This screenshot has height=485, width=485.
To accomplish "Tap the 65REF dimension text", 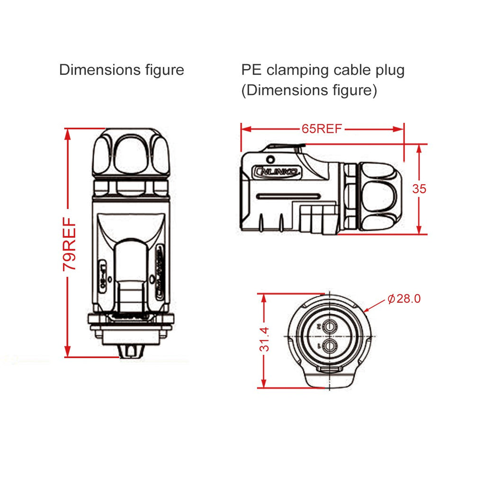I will [322, 129].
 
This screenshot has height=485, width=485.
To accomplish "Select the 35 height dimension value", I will [419, 189].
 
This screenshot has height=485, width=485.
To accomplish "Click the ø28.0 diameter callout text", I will [404, 299].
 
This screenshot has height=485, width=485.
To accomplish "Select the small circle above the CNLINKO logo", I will [271, 159].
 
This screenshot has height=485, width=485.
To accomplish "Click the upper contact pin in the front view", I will [330, 326].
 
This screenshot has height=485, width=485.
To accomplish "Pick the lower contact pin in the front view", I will [330, 346].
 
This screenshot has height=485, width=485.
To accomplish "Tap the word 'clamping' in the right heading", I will [298, 70].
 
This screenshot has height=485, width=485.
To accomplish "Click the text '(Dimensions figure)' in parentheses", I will [309, 90].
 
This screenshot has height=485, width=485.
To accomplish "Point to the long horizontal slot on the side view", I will [287, 196].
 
